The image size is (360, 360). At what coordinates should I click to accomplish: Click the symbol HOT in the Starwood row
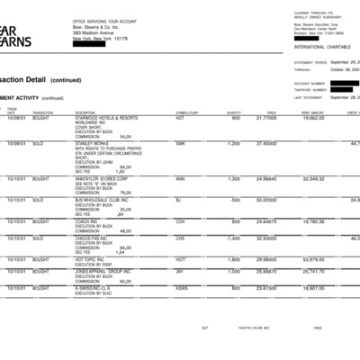click(180, 118)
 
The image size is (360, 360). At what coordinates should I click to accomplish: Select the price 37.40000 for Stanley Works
click(265, 143)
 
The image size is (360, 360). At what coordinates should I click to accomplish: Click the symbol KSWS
click(183, 288)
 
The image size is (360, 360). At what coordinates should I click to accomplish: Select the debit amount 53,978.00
click(314, 258)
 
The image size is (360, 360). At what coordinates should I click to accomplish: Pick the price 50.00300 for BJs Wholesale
click(265, 199)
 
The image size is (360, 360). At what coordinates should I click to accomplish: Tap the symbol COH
click(181, 220)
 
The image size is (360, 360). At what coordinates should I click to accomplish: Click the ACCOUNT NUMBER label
click(309, 83)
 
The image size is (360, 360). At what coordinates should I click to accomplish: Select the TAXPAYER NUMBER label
click(310, 89)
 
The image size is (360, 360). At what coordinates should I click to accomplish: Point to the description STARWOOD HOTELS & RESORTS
click(106, 118)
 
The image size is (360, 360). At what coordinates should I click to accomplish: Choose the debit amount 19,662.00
click(314, 118)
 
